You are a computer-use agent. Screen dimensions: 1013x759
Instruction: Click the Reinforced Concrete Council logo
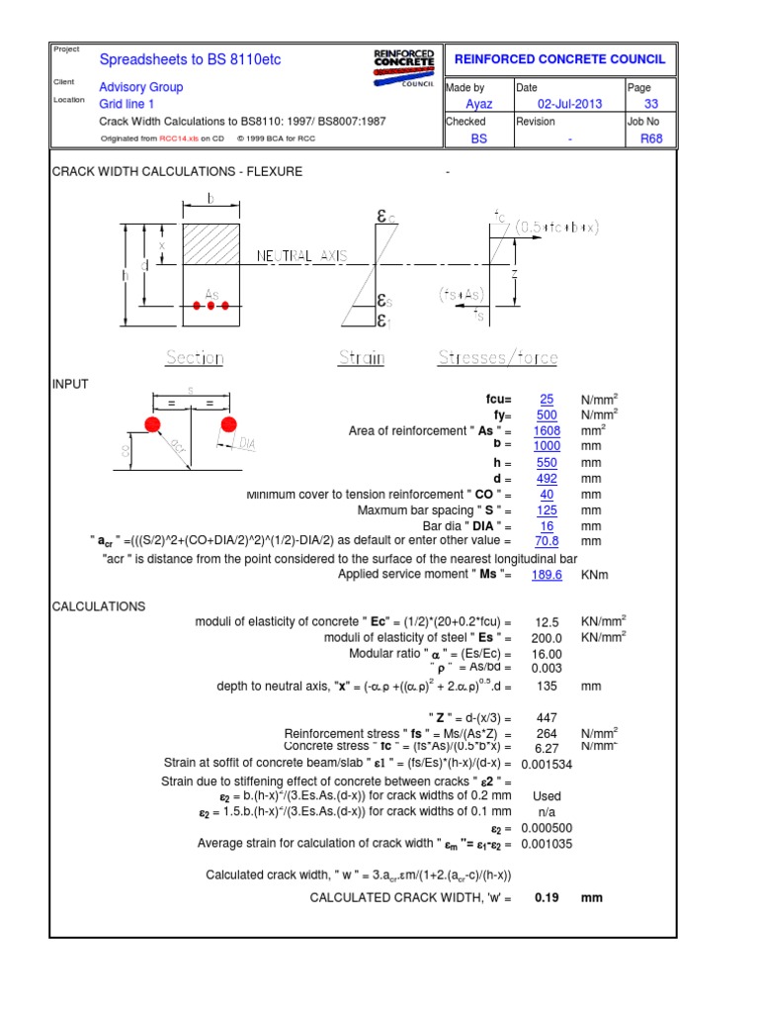click(403, 67)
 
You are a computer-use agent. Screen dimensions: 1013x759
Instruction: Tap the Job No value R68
click(651, 138)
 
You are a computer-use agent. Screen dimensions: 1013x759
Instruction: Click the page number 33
click(651, 104)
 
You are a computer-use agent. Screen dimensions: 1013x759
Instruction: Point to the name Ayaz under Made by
click(478, 104)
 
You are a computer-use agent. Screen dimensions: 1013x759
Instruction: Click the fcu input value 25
click(547, 399)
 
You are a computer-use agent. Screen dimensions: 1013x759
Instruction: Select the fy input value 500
click(547, 414)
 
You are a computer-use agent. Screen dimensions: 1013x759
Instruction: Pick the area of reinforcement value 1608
click(547, 430)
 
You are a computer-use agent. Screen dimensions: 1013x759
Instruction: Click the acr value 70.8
click(547, 541)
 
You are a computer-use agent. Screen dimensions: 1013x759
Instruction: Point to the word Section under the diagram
click(195, 358)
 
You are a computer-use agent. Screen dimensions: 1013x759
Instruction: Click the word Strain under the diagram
click(362, 358)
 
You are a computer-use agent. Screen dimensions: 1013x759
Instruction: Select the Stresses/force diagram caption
click(498, 358)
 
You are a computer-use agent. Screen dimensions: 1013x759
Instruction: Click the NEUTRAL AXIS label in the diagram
click(302, 256)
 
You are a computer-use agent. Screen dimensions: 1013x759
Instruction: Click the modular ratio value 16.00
click(547, 654)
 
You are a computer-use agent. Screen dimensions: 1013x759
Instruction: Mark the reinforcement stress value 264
click(547, 733)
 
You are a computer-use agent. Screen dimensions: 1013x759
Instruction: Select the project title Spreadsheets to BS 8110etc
click(191, 59)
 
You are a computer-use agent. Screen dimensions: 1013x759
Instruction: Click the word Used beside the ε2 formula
click(547, 795)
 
